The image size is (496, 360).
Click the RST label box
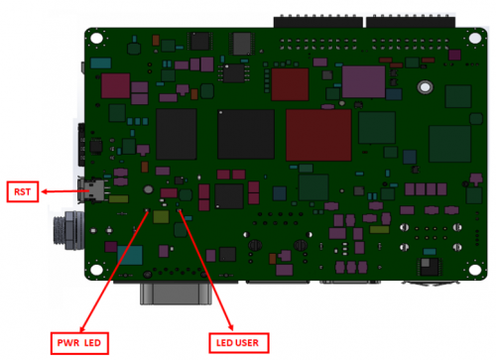[23, 190]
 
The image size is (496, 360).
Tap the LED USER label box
[234, 342]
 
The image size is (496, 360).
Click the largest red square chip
[318, 136]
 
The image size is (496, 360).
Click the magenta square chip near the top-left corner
[115, 85]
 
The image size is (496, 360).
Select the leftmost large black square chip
[177, 136]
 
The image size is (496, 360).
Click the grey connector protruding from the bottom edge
[178, 294]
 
